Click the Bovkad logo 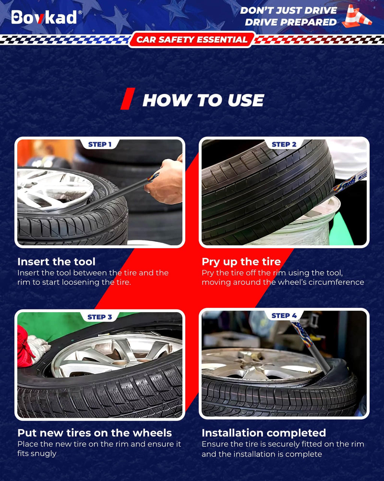44,17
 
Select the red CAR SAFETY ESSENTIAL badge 192,39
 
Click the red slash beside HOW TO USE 128,98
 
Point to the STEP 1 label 100,144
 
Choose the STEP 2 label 284,144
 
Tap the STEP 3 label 100,317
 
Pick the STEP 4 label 284,316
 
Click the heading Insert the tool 57,262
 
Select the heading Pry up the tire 241,262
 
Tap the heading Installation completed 264,433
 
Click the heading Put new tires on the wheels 94,433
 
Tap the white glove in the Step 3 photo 38,348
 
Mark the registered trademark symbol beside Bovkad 80,12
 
